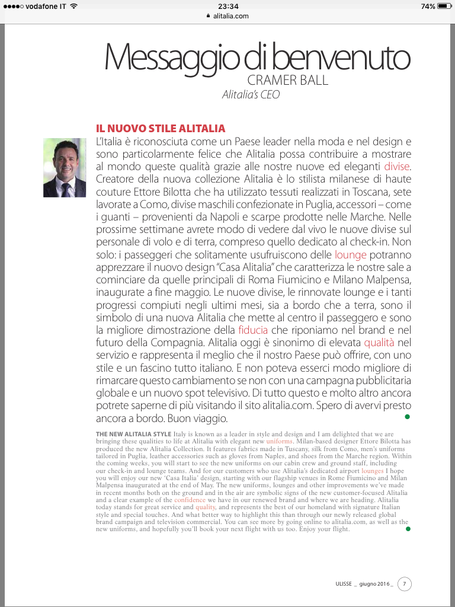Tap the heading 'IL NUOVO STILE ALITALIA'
[161, 129]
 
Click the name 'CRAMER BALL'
[288, 80]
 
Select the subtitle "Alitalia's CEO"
[251, 94]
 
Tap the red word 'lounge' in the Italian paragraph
[351, 255]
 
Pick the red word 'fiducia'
[253, 329]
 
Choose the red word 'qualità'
[379, 343]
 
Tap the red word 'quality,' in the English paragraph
[206, 507]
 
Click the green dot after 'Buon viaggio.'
[407, 417]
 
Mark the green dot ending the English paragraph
[407, 529]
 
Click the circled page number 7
[404, 584]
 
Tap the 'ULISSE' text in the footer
[345, 584]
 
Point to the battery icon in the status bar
[444, 6]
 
